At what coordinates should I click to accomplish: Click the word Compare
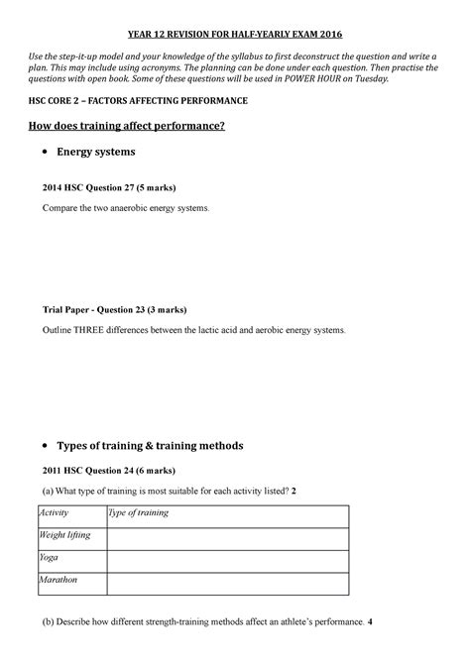click(x=60, y=210)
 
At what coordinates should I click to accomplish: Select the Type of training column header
click(x=139, y=513)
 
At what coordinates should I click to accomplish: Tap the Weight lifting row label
click(x=64, y=535)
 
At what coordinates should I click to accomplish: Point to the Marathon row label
click(x=59, y=580)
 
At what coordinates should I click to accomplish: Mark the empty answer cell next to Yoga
click(x=227, y=559)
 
